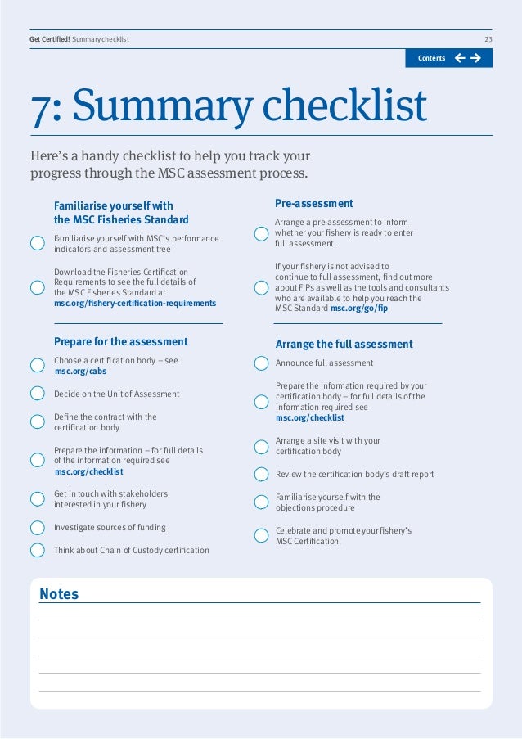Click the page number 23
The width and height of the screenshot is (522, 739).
point(488,39)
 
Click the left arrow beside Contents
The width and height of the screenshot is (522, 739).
point(459,58)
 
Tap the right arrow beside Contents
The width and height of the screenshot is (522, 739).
point(475,58)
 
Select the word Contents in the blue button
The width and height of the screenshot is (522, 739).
point(431,58)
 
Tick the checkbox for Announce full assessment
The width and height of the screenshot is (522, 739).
point(261,363)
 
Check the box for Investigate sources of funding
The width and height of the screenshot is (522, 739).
point(37,528)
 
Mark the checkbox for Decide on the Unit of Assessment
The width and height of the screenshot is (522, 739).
point(37,394)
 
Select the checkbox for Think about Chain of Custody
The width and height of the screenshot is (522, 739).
point(37,550)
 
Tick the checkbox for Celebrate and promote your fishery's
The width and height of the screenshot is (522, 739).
point(261,536)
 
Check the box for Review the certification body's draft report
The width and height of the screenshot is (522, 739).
point(261,474)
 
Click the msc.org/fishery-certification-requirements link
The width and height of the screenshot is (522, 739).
point(135,303)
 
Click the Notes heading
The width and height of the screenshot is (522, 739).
point(59,594)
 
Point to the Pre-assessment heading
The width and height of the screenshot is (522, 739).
point(314,203)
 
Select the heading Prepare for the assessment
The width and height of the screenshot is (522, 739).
point(121,341)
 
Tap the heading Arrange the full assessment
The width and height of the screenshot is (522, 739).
point(344,344)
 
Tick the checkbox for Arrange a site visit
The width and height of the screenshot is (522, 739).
point(261,447)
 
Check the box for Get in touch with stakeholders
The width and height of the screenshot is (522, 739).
point(37,499)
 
